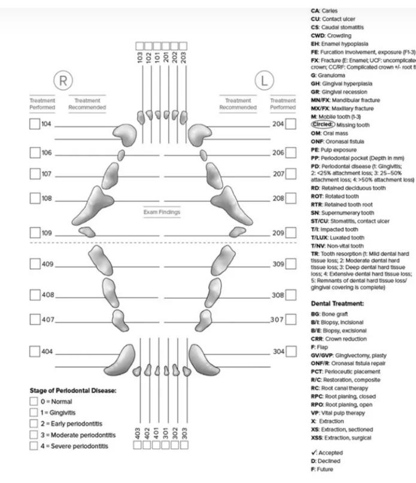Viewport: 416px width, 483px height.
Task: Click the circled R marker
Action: pyautogui.click(x=62, y=81)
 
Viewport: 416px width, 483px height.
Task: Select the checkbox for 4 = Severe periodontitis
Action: pyautogui.click(x=34, y=445)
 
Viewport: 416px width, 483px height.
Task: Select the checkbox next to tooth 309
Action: pyautogui.click(x=291, y=264)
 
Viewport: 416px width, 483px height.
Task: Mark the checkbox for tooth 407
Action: pyautogui.click(x=35, y=320)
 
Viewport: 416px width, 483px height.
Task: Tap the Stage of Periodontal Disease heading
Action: pyautogui.click(x=73, y=391)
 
